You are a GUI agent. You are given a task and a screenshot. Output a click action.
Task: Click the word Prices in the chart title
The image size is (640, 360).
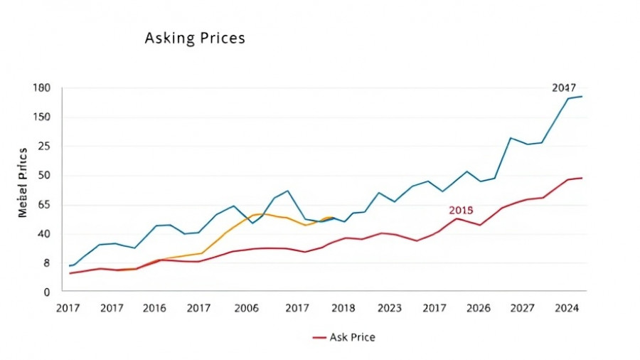222,38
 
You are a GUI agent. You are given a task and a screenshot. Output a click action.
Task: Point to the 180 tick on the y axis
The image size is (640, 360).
41,88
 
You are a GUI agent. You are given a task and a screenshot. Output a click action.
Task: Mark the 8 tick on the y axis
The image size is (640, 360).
47,263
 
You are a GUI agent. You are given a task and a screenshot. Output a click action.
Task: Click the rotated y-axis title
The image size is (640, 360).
23,182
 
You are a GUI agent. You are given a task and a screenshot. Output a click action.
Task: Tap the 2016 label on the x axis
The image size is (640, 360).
154,308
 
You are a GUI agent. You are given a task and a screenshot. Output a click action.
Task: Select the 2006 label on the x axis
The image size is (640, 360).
246,308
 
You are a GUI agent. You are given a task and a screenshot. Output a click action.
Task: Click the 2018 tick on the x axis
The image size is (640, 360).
343,308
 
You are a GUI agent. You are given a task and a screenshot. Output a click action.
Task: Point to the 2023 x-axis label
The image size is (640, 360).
389,308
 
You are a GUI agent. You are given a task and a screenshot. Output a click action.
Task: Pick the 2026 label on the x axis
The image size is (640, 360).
479,308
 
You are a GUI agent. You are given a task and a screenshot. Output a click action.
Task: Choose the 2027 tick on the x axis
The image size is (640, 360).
523,308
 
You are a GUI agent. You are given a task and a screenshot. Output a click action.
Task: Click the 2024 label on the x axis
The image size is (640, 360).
567,308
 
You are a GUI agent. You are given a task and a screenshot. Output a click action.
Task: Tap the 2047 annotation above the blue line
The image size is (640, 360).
564,88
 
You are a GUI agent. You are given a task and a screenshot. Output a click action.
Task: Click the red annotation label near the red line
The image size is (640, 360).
461,211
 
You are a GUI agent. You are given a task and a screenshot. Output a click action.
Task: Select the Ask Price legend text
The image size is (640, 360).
352,337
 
